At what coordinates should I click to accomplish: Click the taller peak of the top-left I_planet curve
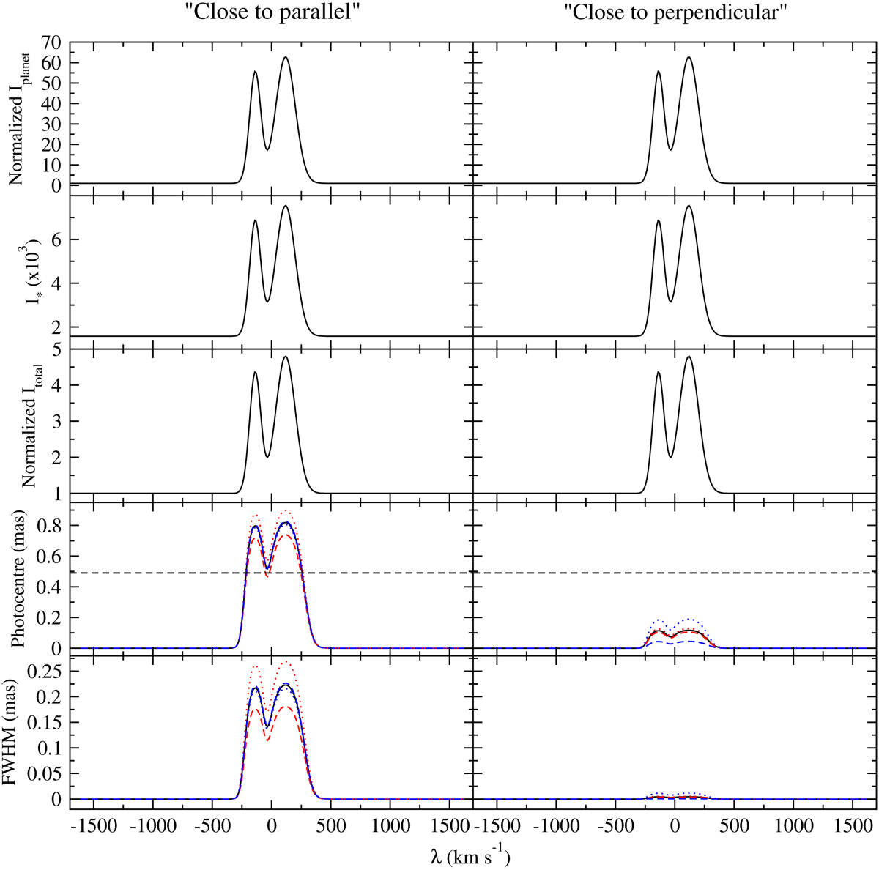point(286,57)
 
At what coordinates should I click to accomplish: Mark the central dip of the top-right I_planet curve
point(671,149)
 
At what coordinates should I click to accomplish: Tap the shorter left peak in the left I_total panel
point(255,372)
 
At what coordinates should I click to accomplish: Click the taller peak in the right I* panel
point(689,206)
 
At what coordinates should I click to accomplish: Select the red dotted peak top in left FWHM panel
point(286,662)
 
